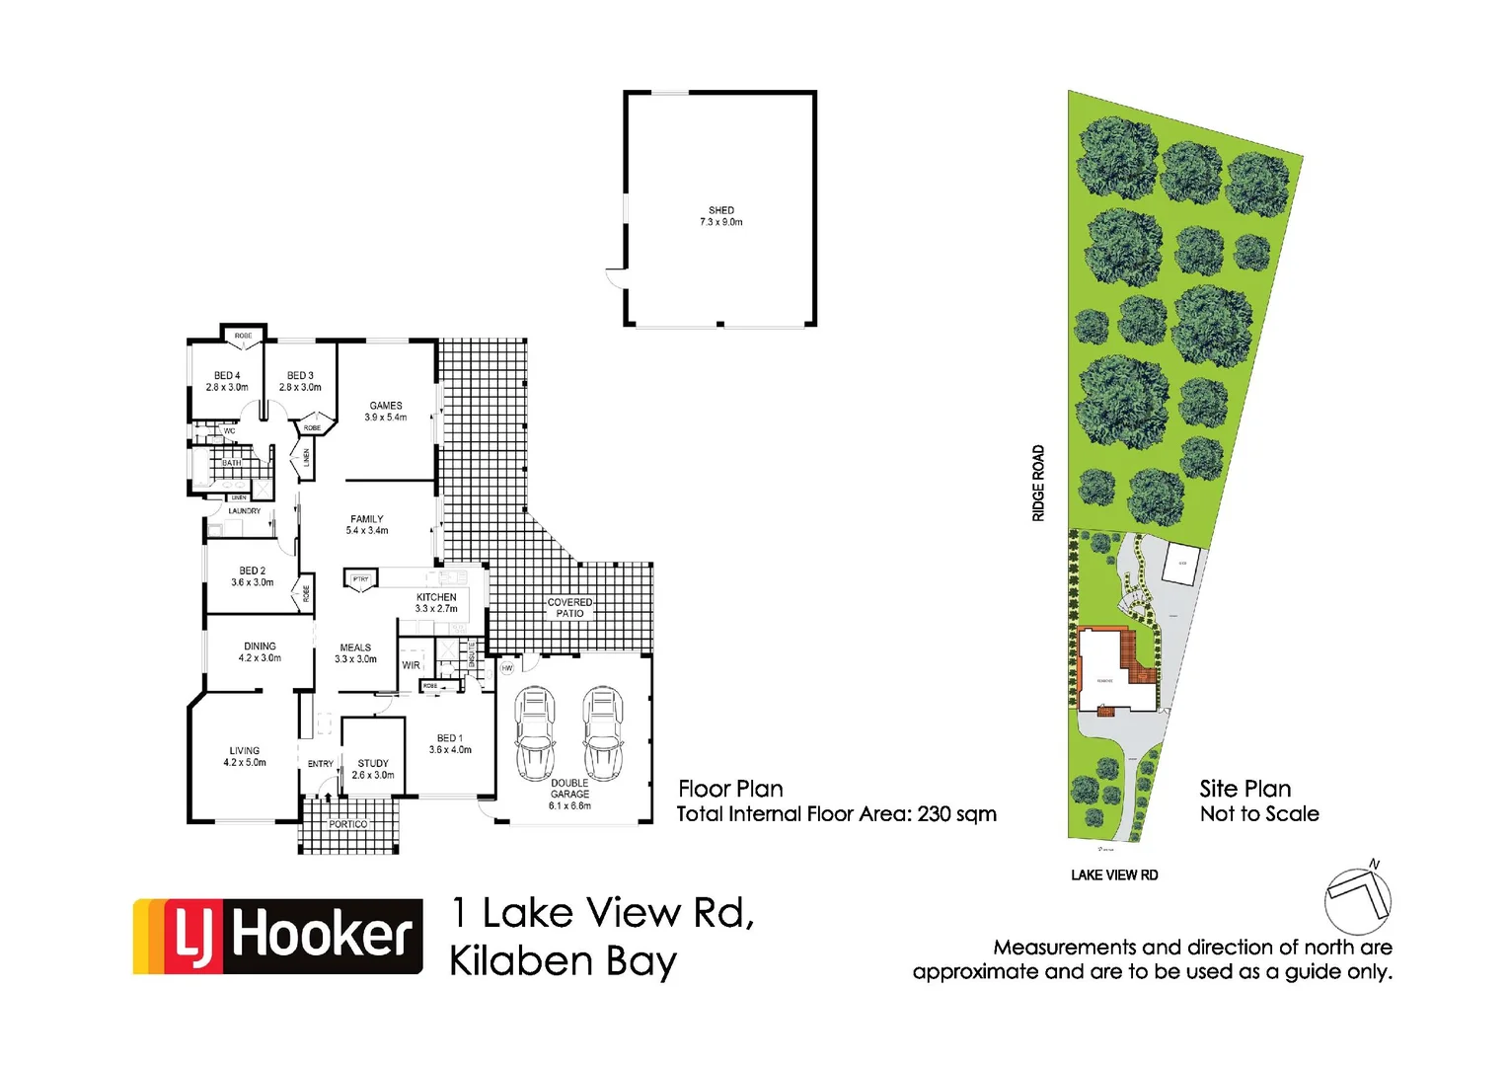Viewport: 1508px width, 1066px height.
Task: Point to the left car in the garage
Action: click(x=535, y=733)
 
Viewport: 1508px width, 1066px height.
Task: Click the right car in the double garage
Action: click(x=602, y=733)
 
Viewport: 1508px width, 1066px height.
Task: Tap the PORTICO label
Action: click(x=348, y=824)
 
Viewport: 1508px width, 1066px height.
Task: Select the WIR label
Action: click(x=411, y=665)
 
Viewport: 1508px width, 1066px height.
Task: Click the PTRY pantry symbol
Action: click(x=360, y=579)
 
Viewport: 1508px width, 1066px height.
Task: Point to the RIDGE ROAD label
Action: click(x=1038, y=483)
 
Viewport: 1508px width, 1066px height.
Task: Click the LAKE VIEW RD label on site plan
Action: click(x=1114, y=875)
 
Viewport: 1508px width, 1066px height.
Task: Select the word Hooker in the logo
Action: click(x=322, y=935)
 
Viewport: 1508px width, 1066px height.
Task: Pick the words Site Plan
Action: click(x=1244, y=789)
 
